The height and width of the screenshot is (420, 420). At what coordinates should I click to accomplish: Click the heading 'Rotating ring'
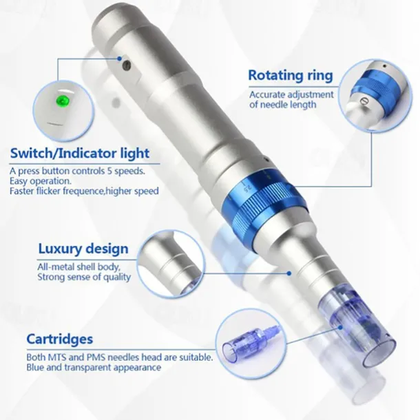(290, 75)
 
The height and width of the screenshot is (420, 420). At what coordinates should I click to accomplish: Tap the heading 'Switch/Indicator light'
(79, 152)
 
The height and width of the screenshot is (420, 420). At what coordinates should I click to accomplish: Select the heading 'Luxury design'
(83, 248)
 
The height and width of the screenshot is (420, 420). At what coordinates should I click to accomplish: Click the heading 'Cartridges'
(59, 339)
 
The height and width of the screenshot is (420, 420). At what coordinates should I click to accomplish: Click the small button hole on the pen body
(127, 65)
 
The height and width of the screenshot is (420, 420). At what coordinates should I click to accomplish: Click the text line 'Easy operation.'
(39, 180)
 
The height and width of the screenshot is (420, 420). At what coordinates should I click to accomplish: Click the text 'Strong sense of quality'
(84, 277)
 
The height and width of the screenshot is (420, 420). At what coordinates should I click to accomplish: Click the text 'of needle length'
(282, 105)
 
